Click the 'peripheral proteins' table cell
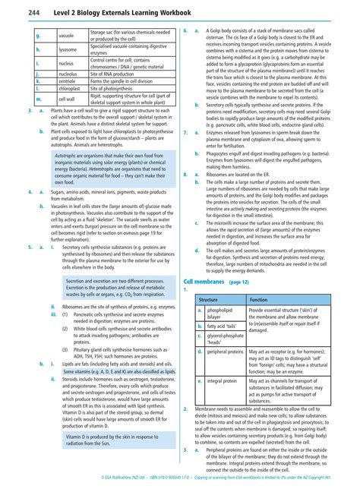(226, 352)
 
